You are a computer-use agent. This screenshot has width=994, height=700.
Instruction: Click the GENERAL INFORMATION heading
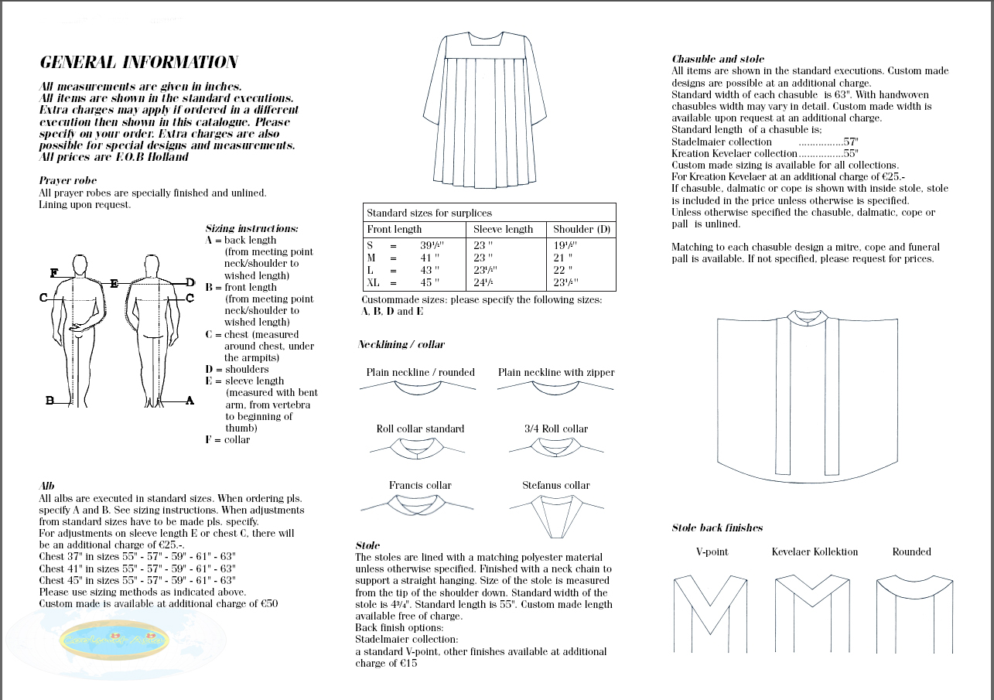point(138,63)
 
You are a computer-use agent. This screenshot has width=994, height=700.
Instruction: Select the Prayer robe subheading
point(67,180)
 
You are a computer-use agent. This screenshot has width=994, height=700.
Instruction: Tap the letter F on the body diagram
point(53,273)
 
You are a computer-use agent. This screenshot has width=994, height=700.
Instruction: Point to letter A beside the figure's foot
point(190,401)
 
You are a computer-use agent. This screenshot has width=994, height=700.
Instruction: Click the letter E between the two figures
point(114,284)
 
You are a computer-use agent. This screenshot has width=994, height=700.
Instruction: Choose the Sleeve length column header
point(504,229)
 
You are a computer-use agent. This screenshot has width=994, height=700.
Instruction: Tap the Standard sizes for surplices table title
point(429,213)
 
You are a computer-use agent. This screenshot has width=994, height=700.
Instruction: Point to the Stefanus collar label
point(555,485)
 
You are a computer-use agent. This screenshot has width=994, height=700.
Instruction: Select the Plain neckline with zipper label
point(556,372)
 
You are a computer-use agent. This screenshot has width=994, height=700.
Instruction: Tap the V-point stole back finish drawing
point(711,611)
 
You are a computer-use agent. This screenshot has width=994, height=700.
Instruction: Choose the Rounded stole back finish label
point(911,551)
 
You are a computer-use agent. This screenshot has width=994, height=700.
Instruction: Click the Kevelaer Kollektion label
point(815,551)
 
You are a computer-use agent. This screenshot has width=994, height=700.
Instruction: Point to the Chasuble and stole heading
point(718,59)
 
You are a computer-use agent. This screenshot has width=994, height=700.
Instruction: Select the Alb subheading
point(46,486)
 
